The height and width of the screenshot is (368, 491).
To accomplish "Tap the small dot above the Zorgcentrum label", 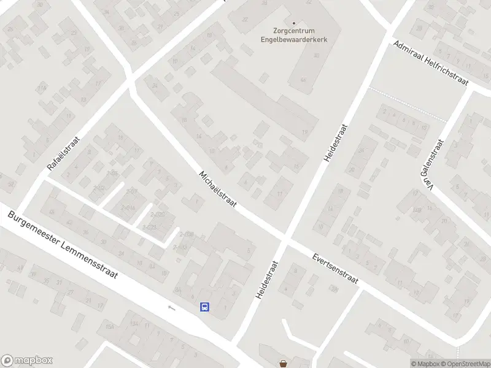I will point(294,23).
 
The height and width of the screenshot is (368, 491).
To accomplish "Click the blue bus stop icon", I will point(204,307).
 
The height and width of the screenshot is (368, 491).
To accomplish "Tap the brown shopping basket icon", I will point(283,363).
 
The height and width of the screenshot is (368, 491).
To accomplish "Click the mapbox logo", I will point(27,361).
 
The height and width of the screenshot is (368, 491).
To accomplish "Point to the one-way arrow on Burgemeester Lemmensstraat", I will point(172,307).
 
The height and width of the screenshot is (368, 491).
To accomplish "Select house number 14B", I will point(417,210).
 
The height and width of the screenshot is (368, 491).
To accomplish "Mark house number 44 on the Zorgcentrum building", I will point(303,80).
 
